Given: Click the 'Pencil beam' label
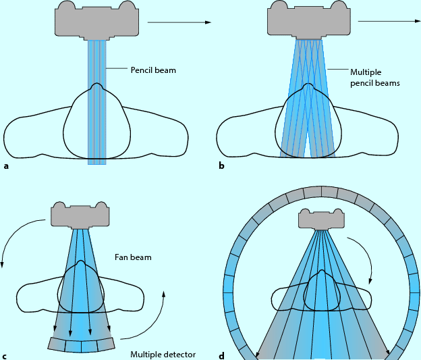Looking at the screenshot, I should pos(153,69).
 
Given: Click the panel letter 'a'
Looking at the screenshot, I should pos(6,165).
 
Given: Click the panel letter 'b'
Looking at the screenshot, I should pos(221,165).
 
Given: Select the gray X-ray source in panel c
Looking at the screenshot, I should pos(80,214).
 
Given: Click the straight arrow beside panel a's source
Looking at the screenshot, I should pos(179,23).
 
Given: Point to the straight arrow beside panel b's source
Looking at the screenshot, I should pos(390,21).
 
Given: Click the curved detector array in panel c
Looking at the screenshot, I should pos(81,344).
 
